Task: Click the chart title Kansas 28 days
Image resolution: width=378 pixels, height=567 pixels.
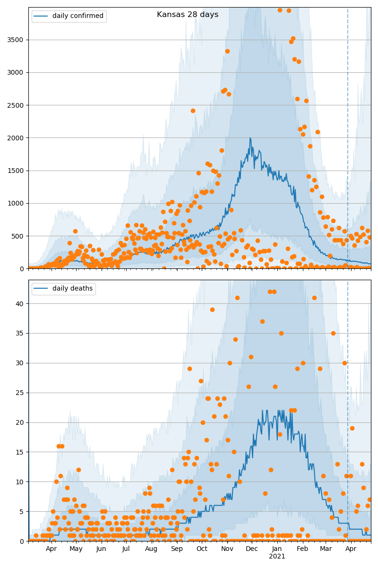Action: [x=188, y=15]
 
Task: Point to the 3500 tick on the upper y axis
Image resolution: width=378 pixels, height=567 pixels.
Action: [x=17, y=40]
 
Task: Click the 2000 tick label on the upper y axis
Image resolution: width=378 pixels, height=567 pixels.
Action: [x=17, y=138]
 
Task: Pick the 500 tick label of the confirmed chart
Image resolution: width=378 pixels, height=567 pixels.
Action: [x=19, y=236]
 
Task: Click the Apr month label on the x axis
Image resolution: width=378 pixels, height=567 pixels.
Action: [x=52, y=549]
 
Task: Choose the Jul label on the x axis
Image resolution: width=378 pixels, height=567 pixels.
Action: [x=126, y=549]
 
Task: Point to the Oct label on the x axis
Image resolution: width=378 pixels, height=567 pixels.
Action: [x=202, y=549]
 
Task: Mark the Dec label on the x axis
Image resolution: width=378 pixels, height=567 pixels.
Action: [x=252, y=549]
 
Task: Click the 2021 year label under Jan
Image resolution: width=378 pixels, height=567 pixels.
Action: [x=277, y=557]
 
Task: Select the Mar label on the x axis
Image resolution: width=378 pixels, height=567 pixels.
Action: [x=326, y=549]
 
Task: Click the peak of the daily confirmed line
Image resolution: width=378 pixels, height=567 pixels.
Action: [x=250, y=138]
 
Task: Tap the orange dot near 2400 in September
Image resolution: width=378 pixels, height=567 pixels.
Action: [x=193, y=111]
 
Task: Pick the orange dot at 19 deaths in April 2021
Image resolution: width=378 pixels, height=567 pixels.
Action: [x=352, y=428]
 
